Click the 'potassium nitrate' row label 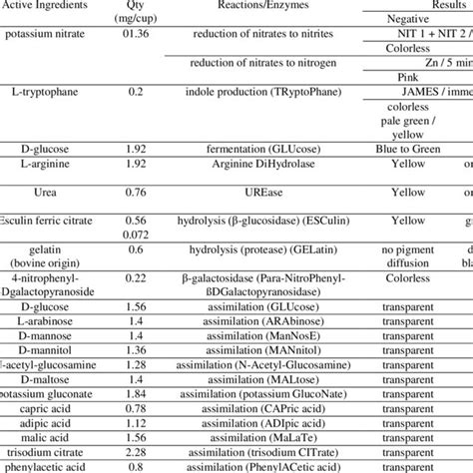pos(52,33)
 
